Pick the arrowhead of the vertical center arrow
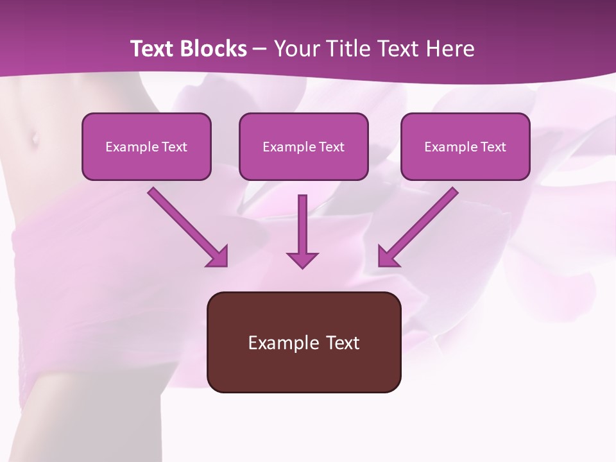302,260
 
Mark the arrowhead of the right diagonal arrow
386,257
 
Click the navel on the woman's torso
33,137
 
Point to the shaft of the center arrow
302,221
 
